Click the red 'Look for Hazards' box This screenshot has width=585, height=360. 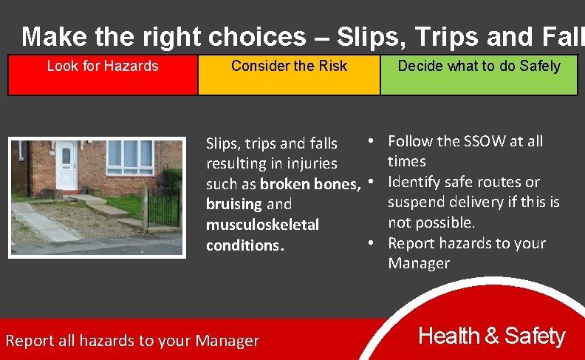[103, 75]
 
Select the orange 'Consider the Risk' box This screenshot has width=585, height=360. [289, 75]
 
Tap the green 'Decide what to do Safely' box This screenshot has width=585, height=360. [479, 75]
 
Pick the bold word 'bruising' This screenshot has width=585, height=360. [234, 204]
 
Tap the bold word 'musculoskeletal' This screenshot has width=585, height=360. [262, 224]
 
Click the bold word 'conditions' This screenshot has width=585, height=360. [243, 245]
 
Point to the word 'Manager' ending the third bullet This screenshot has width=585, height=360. [419, 263]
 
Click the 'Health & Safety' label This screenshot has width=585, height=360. [491, 336]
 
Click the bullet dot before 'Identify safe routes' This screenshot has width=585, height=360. [373, 182]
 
